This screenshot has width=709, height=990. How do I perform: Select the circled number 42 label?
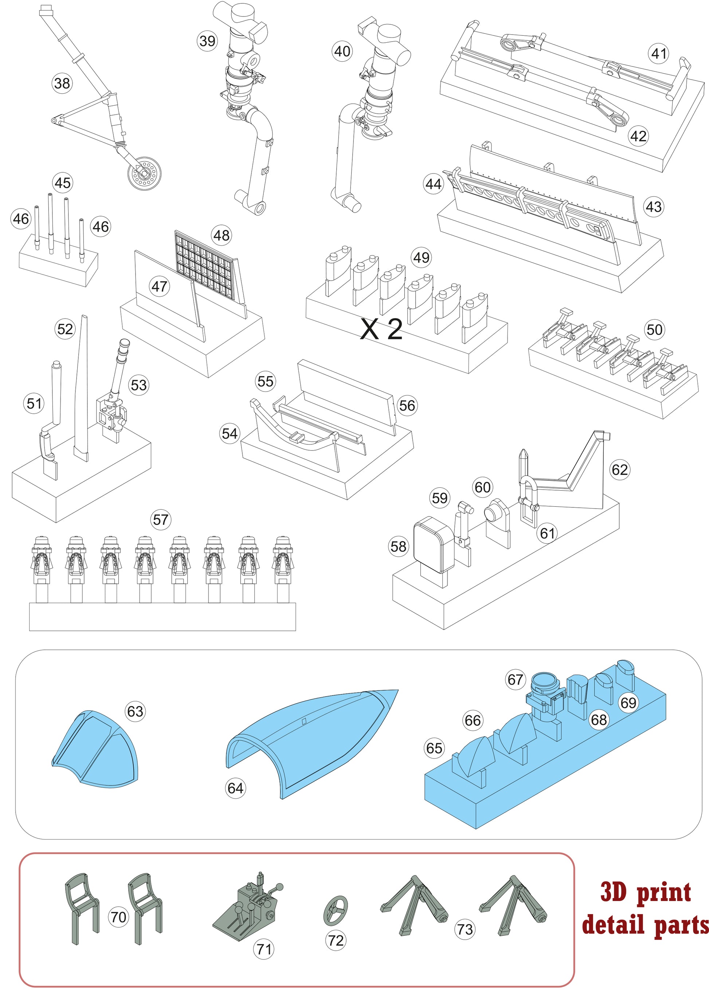[x=638, y=136]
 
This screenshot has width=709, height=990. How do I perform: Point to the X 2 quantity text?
[x=381, y=330]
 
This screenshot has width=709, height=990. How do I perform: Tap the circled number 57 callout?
[x=161, y=519]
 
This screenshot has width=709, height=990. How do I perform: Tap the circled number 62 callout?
[x=620, y=470]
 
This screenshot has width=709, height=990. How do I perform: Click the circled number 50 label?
[x=654, y=329]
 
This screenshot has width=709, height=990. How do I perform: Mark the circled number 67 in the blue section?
[x=515, y=680]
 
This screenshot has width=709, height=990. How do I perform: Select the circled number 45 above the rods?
[x=62, y=183]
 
